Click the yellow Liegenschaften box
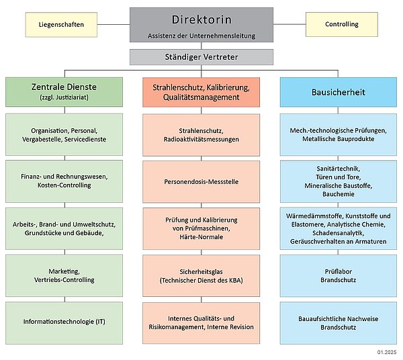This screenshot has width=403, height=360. pyautogui.click(x=61, y=25)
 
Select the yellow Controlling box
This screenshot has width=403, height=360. pyautogui.click(x=342, y=24)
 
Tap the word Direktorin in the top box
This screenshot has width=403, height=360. pyautogui.click(x=201, y=19)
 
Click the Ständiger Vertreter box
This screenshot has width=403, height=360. pyautogui.click(x=201, y=57)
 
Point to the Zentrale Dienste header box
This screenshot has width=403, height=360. pyautogui.click(x=64, y=92)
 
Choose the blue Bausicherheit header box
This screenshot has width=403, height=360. pyautogui.click(x=339, y=92)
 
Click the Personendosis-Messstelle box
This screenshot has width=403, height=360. pyautogui.click(x=201, y=181)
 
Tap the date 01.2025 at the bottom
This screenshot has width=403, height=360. pyautogui.click(x=387, y=352)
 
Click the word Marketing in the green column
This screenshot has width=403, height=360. pyautogui.click(x=64, y=271)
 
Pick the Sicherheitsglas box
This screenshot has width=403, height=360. pyautogui.click(x=201, y=276)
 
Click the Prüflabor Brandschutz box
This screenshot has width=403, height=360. pyautogui.click(x=339, y=276)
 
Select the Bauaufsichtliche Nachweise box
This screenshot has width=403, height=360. pyautogui.click(x=339, y=323)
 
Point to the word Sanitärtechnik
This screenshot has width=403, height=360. pyautogui.click(x=339, y=169)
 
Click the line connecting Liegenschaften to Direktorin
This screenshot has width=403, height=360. pyautogui.click(x=114, y=24)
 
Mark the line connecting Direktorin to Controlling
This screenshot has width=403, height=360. pyautogui.click(x=289, y=24)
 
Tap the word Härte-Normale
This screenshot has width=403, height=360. pyautogui.click(x=201, y=237)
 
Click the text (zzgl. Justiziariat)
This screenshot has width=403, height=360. pyautogui.click(x=64, y=97)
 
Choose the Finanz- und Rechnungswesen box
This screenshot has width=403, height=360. pyautogui.click(x=64, y=181)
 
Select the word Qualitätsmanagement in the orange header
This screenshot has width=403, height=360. pyautogui.click(x=201, y=97)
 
